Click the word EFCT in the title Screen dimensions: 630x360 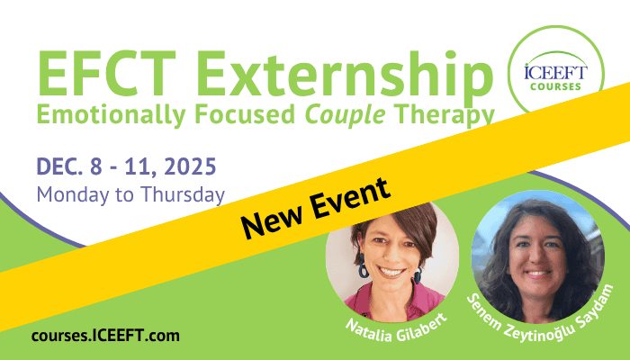107,75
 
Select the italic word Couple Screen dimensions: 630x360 345,115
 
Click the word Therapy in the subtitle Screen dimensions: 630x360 444,115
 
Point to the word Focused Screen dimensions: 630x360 245,114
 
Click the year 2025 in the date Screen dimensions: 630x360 191,166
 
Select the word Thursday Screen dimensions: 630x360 183,194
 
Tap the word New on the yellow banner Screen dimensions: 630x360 271,220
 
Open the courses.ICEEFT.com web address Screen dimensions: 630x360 105,336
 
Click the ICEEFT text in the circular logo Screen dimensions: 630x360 555,72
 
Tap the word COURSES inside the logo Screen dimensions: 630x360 555,86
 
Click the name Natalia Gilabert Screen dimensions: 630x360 397,328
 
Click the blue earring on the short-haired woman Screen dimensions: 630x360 363,266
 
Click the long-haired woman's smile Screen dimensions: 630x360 537,274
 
